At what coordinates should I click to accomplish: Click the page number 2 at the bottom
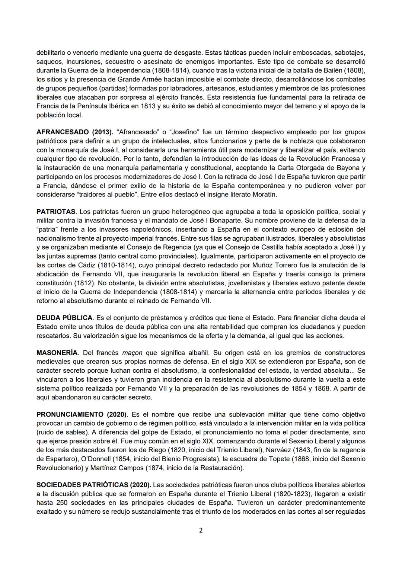coord(201,530)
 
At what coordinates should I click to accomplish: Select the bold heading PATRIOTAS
coord(56,212)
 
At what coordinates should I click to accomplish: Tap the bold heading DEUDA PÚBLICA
coord(64,318)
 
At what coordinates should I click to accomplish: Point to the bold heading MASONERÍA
coord(57,353)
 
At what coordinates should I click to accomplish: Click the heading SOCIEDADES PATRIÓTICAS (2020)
coord(93,485)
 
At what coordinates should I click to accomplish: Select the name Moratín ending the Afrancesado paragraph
coord(265,195)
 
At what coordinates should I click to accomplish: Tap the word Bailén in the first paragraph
coord(336,71)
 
